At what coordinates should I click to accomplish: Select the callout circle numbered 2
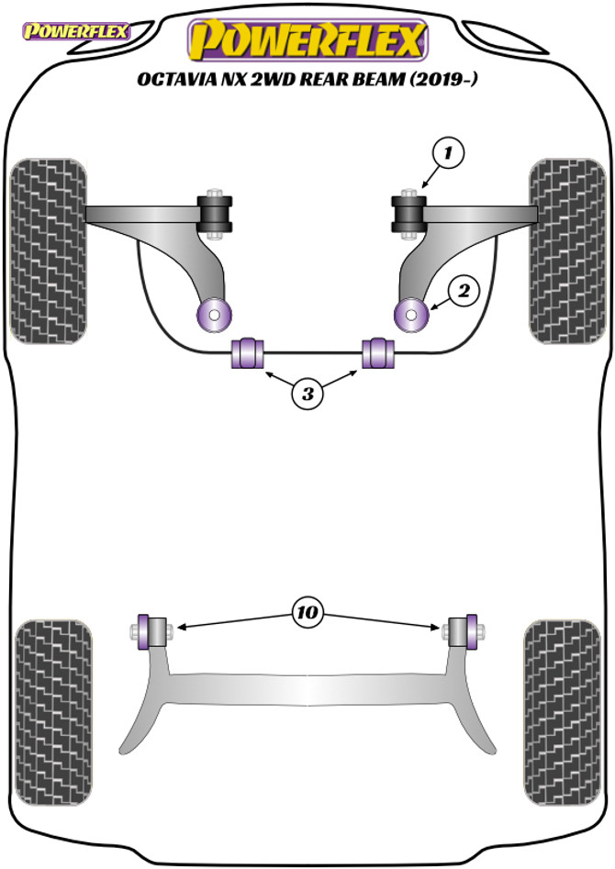point(464,291)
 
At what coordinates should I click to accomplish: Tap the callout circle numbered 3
point(307,395)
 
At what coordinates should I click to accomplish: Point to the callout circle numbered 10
point(307,611)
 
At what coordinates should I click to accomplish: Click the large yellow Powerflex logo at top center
point(307,41)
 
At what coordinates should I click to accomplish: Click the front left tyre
point(49,251)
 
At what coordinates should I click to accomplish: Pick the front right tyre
point(566,251)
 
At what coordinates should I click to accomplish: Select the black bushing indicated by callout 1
point(408,213)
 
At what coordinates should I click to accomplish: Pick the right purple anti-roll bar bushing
point(377,352)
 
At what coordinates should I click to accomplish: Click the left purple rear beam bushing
point(147,631)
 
